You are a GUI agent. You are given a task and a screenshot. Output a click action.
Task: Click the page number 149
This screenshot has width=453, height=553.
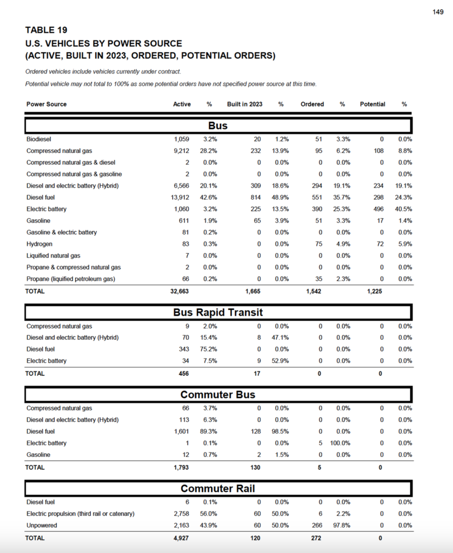click(438, 12)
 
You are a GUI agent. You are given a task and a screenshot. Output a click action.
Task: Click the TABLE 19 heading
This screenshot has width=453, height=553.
click(46, 30)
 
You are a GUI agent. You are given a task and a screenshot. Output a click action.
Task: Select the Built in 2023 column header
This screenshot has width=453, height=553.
click(244, 104)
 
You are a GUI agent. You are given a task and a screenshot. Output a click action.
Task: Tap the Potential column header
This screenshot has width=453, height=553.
click(372, 104)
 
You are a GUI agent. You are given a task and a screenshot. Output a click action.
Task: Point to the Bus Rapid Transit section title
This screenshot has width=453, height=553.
click(218, 313)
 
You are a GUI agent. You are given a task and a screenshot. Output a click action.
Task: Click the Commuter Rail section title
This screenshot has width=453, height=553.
click(218, 489)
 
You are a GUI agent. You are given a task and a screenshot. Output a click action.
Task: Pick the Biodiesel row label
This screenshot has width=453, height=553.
click(38, 139)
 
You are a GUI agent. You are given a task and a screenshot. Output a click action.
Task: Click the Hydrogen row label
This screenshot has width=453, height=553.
click(39, 244)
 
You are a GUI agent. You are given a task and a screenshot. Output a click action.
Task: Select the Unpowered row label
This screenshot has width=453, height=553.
click(41, 525)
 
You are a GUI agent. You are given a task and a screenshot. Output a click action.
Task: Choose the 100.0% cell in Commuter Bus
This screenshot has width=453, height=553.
click(341, 443)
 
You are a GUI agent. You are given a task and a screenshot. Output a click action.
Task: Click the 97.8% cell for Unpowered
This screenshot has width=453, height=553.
click(342, 525)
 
